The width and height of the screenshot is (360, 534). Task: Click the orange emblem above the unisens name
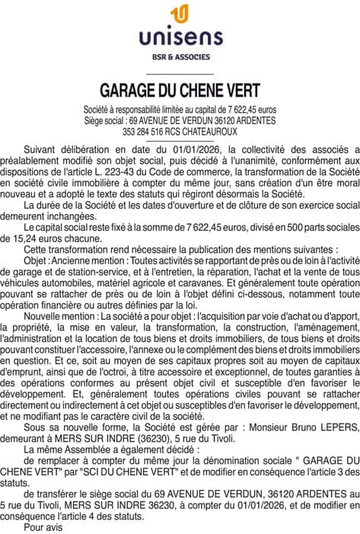(x=180, y=13)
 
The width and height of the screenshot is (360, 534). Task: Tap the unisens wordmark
(x=180, y=35)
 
